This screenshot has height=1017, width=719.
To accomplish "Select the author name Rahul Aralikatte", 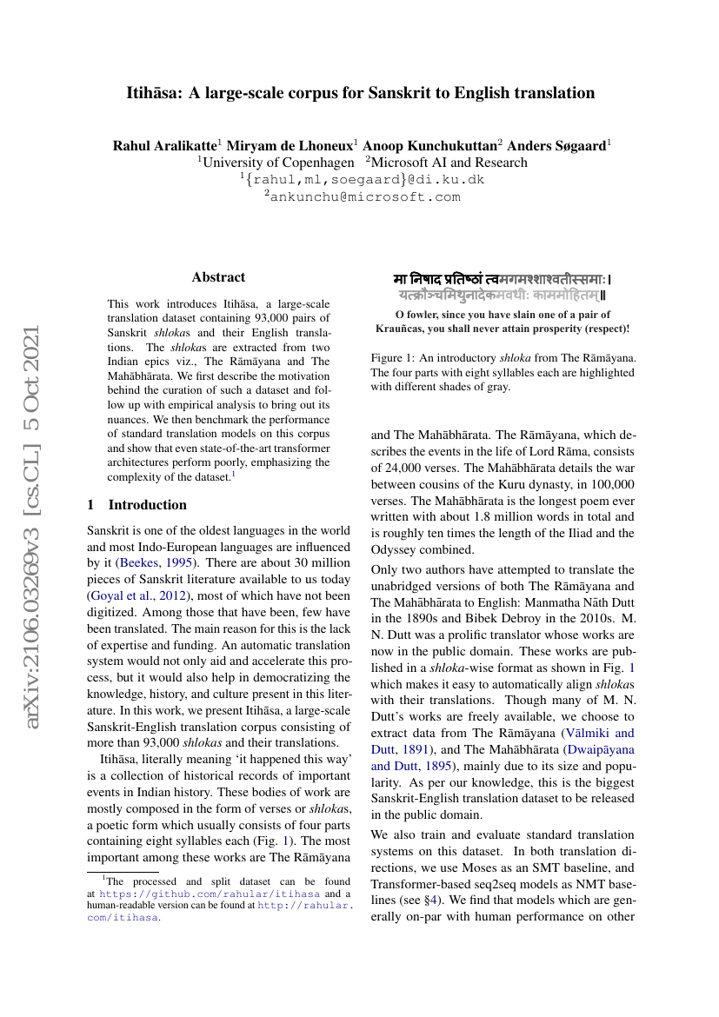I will (164, 146).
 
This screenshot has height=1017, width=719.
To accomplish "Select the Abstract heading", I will (218, 277).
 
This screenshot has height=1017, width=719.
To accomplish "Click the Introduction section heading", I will (147, 505).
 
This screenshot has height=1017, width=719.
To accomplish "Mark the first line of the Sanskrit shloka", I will (503, 280).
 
